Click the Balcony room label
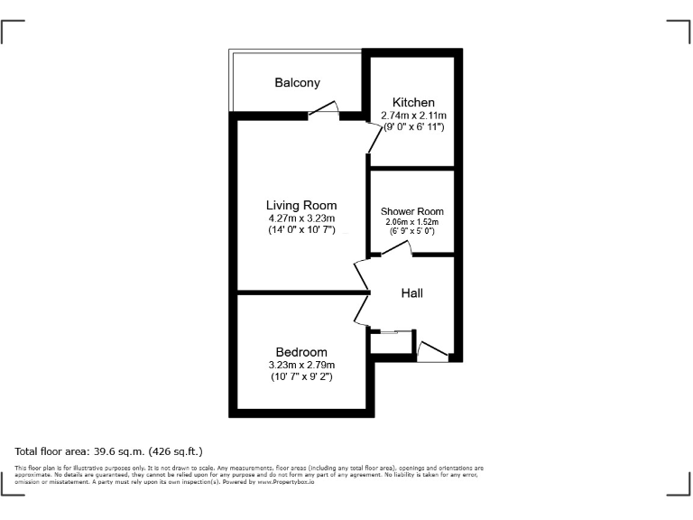tap(297, 83)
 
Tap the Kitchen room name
tap(413, 103)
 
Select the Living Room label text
tap(301, 205)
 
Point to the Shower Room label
tap(412, 211)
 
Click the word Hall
tap(411, 292)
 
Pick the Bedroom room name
tap(301, 352)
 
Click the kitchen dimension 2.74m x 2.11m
tap(413, 116)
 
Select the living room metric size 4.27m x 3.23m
tap(301, 218)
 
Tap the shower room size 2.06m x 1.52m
tap(412, 222)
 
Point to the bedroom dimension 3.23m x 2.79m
tap(301, 365)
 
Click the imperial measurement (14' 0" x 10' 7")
tap(301, 230)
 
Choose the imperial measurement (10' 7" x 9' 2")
tap(301, 376)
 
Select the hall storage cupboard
tap(390, 343)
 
